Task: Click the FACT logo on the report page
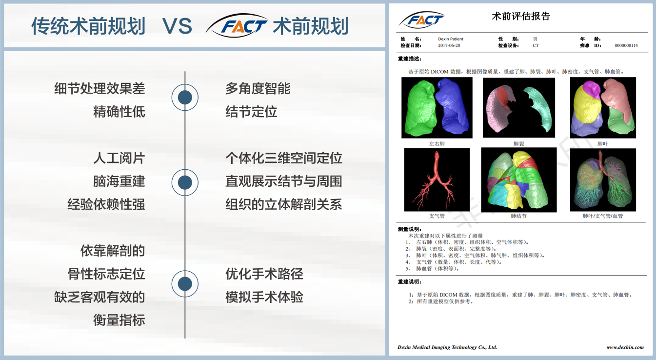422,20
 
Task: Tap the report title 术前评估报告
521,16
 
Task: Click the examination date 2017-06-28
449,45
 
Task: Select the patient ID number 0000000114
626,45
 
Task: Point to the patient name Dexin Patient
450,39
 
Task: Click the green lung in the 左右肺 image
419,108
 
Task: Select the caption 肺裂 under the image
518,143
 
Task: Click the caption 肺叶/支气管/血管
603,216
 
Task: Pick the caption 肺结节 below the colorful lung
518,216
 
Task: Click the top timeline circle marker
185,97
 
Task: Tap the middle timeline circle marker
185,182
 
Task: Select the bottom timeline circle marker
185,283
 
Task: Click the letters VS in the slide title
177,26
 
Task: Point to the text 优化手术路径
264,274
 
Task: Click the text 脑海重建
119,181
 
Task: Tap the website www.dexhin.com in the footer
625,347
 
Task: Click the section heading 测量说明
409,229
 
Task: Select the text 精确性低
119,112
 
